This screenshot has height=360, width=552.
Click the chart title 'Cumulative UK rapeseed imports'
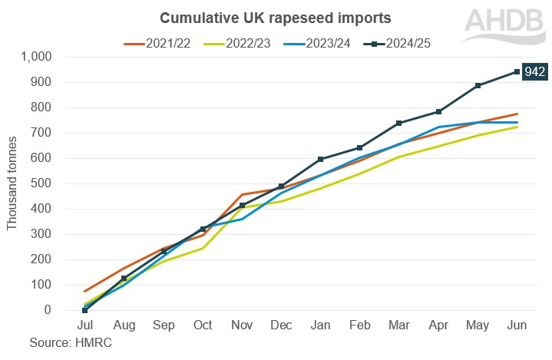point(259,16)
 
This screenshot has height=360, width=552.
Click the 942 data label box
point(535,72)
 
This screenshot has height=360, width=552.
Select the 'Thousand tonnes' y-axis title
point(12,183)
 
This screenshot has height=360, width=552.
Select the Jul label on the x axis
point(85,326)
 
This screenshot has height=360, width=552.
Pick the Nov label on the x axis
point(242,326)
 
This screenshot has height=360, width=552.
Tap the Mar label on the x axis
point(399,326)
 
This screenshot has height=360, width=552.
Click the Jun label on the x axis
point(517,326)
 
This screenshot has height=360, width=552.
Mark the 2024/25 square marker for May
point(478,85)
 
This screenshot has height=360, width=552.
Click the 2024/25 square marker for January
point(321,160)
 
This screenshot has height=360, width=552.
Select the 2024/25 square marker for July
point(85,310)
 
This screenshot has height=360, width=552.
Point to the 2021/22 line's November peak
point(242,195)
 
